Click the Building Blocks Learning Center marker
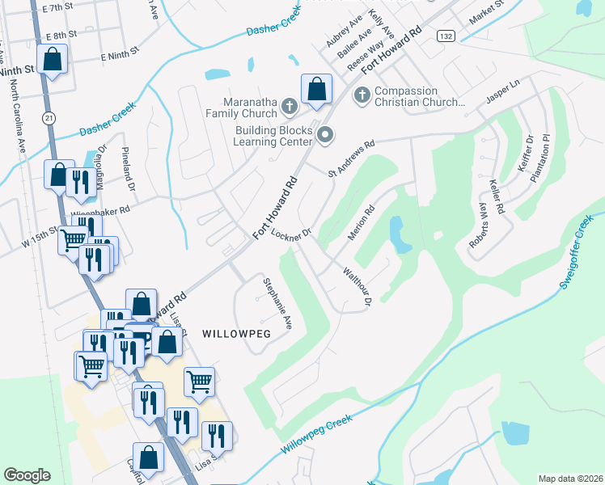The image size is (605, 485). coord(325,135)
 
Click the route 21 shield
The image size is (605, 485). coord(49,118)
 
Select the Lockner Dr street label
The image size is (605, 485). coord(291,235)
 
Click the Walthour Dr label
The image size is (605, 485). coord(356,287)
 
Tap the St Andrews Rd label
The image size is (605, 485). coord(352,159)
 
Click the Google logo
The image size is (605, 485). coord(27,475)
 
